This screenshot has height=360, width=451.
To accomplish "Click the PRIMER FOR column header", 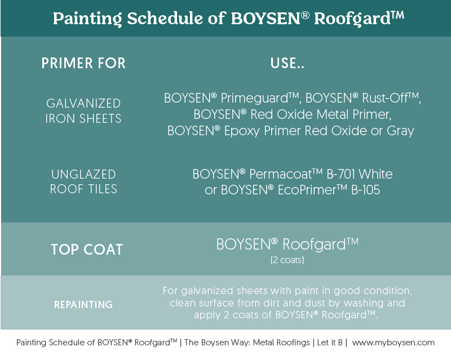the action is [83, 63].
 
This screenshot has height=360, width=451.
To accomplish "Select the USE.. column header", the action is [287, 63].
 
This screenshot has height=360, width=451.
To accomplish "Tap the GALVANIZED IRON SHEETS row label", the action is [83, 111].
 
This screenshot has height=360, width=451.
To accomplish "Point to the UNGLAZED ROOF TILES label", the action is [83, 182].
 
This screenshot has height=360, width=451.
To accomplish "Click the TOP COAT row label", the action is [87, 250].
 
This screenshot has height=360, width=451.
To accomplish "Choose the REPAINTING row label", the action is [83, 304].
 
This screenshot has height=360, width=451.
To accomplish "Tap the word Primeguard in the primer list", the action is [254, 99].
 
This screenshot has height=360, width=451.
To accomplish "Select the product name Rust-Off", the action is [385, 98].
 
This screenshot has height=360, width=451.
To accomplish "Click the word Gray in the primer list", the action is [400, 131].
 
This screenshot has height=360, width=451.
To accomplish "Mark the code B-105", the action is [365, 190].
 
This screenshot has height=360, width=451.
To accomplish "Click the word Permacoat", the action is [280, 174].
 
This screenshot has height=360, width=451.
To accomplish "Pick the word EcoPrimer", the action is [307, 190].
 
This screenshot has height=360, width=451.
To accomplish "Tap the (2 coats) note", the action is [287, 260].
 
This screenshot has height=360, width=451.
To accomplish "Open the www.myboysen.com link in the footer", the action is [393, 343].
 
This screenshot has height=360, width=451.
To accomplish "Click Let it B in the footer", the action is [330, 343].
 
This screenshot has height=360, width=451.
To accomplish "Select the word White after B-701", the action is [375, 174].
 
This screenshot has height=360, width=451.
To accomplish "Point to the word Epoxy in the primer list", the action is [242, 131].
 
